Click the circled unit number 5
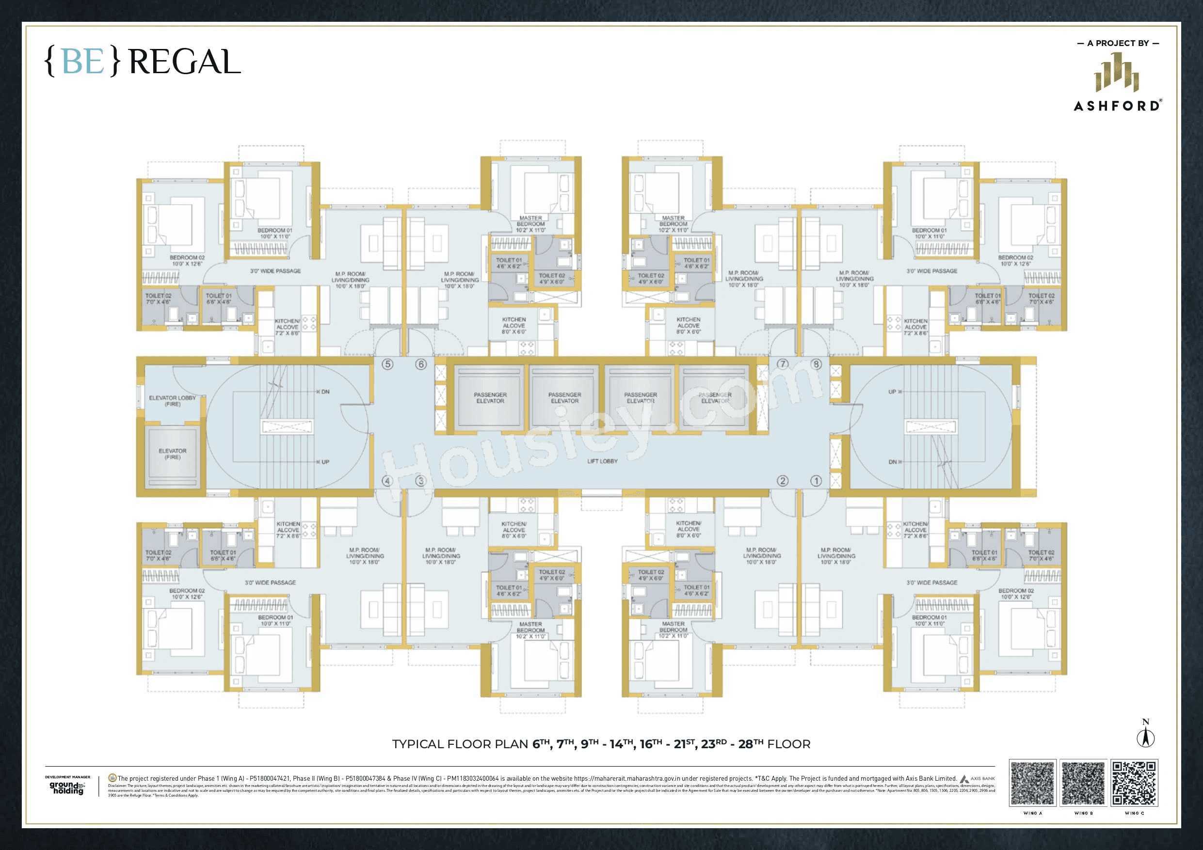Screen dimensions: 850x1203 [x=387, y=364]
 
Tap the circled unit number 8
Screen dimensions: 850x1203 [x=816, y=364]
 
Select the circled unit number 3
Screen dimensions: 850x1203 [x=420, y=481]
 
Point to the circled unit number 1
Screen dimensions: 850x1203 [x=816, y=481]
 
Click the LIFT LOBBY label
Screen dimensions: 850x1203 [x=602, y=461]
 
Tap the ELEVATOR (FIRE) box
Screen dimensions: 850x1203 [x=173, y=454]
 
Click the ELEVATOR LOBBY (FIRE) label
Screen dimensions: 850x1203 [x=173, y=401]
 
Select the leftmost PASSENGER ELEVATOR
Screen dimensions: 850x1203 [x=490, y=397]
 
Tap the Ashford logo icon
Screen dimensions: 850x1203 [x=1117, y=79]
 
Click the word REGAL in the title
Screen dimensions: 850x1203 [x=184, y=63]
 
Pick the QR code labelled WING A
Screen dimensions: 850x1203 [x=1033, y=784]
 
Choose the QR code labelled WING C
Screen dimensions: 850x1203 [x=1134, y=784]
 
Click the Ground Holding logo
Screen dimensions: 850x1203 [x=67, y=787]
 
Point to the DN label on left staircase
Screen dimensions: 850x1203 [x=325, y=392]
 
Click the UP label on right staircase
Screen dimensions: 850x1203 [x=892, y=392]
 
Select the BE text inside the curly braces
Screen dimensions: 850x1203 [x=83, y=63]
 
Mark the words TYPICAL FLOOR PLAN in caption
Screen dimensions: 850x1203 [x=460, y=744]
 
